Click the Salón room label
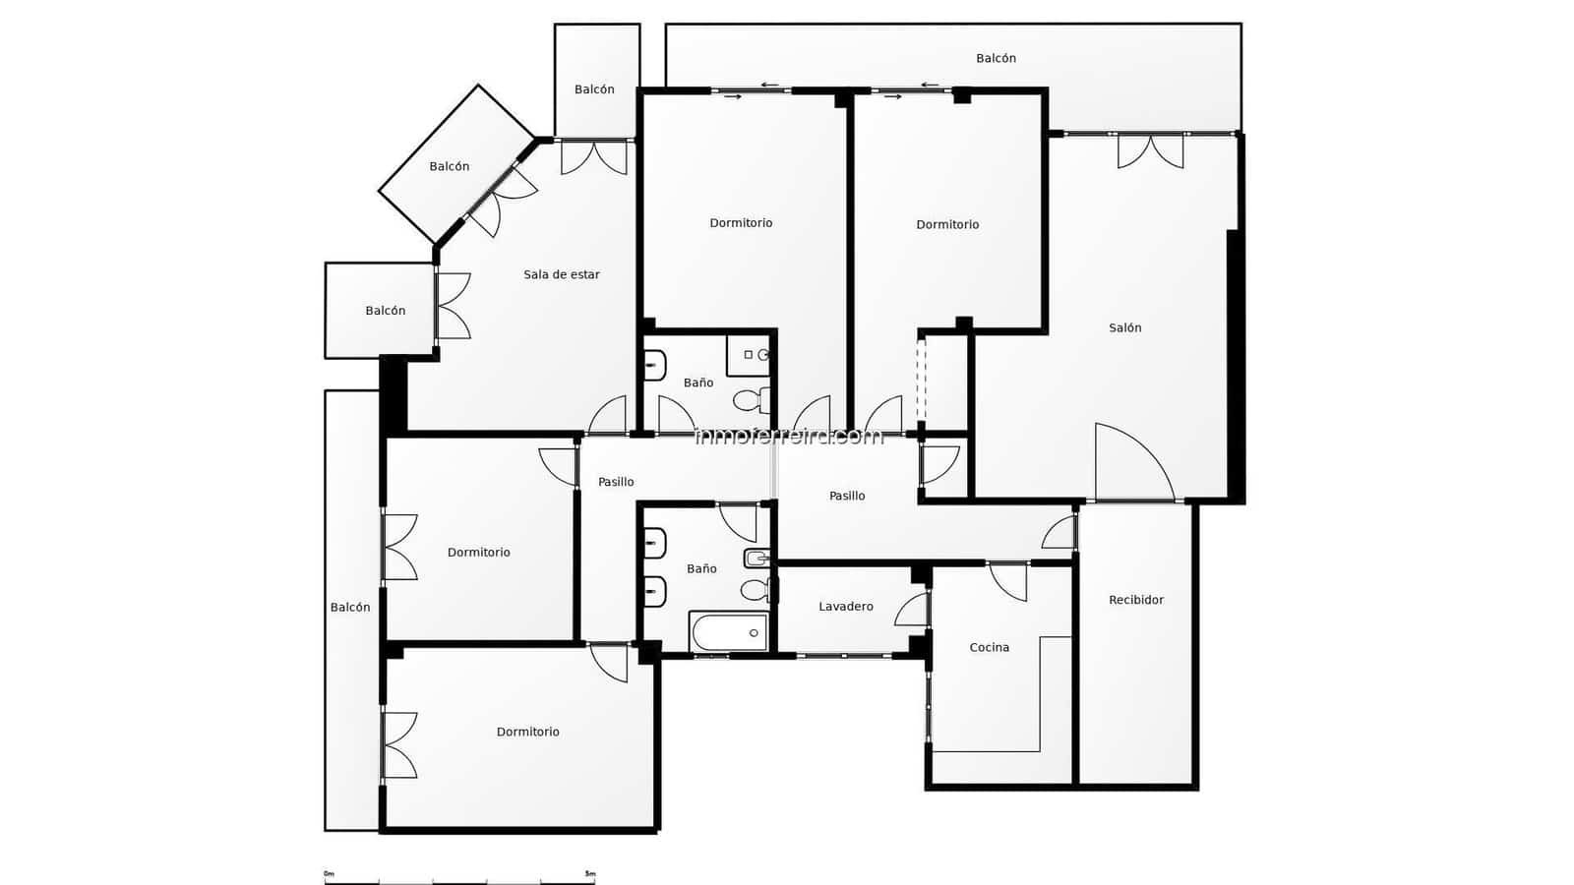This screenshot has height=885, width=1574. (1124, 328)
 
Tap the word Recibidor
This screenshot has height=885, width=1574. (1135, 600)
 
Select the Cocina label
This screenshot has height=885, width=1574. (989, 647)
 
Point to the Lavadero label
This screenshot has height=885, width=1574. (845, 607)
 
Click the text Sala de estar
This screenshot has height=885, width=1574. (561, 274)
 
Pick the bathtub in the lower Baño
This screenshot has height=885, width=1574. (728, 632)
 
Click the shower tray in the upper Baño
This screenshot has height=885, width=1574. (749, 355)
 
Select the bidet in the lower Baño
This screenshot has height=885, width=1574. (756, 559)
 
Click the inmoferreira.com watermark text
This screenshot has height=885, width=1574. (789, 436)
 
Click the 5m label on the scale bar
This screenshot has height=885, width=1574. (589, 873)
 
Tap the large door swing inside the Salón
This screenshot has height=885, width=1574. (1131, 462)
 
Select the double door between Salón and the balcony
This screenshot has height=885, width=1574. (1150, 150)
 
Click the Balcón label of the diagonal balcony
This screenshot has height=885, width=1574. (449, 167)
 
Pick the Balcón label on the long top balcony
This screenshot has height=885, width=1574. (996, 59)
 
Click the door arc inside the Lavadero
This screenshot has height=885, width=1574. (912, 611)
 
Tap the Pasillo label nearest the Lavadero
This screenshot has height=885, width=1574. (846, 497)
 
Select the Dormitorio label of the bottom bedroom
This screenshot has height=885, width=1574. (527, 733)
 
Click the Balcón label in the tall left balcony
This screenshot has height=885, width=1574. (349, 608)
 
